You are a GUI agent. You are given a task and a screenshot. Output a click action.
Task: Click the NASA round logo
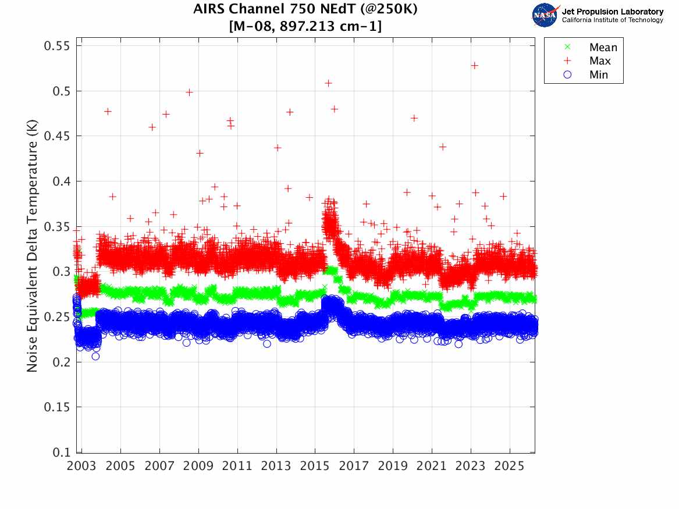pyautogui.click(x=546, y=15)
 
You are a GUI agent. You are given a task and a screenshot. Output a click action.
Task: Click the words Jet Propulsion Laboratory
pyautogui.click(x=612, y=12)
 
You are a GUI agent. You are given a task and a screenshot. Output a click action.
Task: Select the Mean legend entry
pyautogui.click(x=603, y=48)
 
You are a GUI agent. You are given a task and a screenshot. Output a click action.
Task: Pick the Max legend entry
pyautogui.click(x=600, y=61)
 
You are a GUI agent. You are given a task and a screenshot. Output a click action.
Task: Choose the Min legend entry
pyautogui.click(x=599, y=74)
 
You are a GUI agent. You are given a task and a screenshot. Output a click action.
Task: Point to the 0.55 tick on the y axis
pyautogui.click(x=57, y=46)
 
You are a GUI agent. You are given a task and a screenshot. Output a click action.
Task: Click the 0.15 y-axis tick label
pyautogui.click(x=57, y=407)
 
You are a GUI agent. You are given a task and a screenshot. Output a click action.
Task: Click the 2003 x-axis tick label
pyautogui.click(x=82, y=466)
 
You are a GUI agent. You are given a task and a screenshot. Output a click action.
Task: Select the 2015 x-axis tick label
pyautogui.click(x=315, y=466)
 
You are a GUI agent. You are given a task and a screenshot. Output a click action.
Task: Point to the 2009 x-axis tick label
pyautogui.click(x=198, y=466)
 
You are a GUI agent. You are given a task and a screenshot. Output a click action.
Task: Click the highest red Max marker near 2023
pyautogui.click(x=475, y=66)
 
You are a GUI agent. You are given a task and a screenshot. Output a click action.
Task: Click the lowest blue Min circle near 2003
pyautogui.click(x=95, y=356)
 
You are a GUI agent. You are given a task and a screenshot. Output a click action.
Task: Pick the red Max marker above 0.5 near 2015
pyautogui.click(x=328, y=83)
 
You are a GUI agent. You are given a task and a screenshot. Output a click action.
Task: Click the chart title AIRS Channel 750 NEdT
pyautogui.click(x=305, y=10)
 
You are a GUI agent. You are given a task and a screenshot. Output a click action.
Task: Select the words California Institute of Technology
pyautogui.click(x=612, y=20)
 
